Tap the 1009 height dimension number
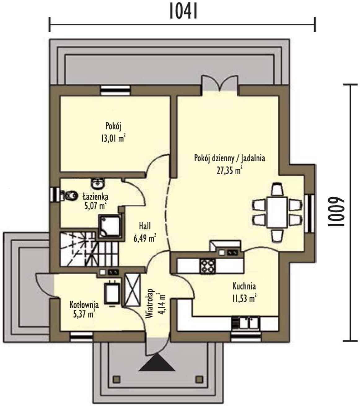pyautogui.click(x=336, y=212)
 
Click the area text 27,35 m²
pyautogui.click(x=230, y=170)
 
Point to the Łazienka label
pyautogui.click(x=96, y=197)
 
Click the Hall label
pyautogui.click(x=145, y=226)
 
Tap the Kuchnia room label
pyautogui.click(x=244, y=286)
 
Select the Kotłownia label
pyautogui.click(x=84, y=305)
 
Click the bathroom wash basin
pyautogui.click(x=98, y=183)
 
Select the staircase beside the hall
pyautogui.click(x=89, y=249)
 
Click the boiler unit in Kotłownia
pyautogui.click(x=112, y=292)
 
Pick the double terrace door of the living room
pyautogui.click(x=220, y=83)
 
